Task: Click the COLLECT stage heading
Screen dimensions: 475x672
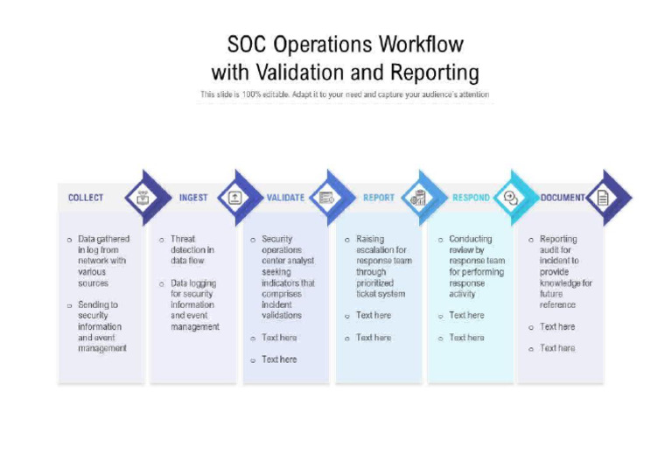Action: (86, 198)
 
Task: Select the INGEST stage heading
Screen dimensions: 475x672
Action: (193, 198)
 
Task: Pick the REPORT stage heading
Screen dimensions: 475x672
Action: (379, 198)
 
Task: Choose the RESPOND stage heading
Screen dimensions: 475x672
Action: (471, 198)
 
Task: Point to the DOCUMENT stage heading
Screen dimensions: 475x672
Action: (562, 198)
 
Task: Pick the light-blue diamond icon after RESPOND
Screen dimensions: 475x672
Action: (511, 198)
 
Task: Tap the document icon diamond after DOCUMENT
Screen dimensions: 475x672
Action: (603, 198)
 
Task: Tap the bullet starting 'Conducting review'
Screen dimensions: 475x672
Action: (476, 266)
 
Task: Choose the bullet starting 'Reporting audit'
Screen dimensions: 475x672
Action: (565, 271)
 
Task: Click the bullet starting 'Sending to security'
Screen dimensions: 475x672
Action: (100, 326)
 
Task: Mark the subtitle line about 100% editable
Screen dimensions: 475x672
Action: (345, 94)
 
